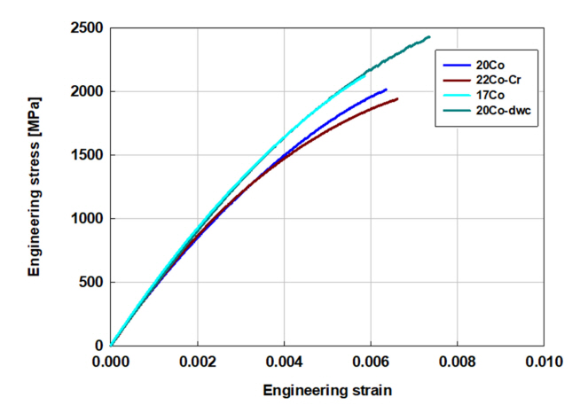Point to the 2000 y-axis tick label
[x=87, y=91]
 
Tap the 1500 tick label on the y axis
[x=87, y=155]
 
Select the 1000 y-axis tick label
[x=87, y=219]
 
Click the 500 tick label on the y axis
[x=90, y=283]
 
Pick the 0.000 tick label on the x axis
[x=111, y=362]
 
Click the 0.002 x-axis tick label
[x=197, y=362]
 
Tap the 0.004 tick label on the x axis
[x=284, y=362]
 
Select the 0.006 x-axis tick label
[x=370, y=362]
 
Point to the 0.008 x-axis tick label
[x=457, y=362]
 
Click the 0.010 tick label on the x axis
[x=543, y=362]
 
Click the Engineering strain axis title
[x=326, y=390]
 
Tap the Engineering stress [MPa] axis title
[x=35, y=186]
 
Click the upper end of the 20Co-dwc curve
[x=429, y=37]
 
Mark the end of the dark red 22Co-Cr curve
[x=396, y=98]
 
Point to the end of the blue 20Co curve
[x=386, y=90]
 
